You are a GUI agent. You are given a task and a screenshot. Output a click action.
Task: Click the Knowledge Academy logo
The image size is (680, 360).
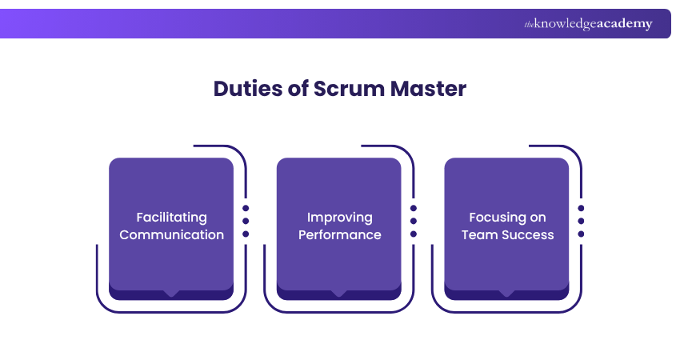tap(588, 24)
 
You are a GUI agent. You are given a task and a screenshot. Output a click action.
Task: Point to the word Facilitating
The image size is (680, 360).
tap(171, 218)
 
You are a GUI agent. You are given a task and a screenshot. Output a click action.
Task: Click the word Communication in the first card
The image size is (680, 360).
tap(171, 235)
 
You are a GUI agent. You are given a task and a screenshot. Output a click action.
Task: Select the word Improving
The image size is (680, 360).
tap(339, 218)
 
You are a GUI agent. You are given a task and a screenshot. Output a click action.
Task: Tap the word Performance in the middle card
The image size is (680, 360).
tap(339, 235)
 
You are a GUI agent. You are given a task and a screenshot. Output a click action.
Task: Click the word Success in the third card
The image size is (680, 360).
tap(528, 235)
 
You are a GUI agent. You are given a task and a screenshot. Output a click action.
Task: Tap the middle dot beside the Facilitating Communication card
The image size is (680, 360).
tap(246, 221)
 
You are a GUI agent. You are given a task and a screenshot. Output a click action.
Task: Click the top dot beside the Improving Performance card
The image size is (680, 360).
tap(414, 207)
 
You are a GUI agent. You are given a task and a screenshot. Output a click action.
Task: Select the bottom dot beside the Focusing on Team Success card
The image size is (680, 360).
tap(582, 234)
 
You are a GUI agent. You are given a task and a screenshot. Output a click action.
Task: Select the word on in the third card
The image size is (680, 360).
tap(538, 218)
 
